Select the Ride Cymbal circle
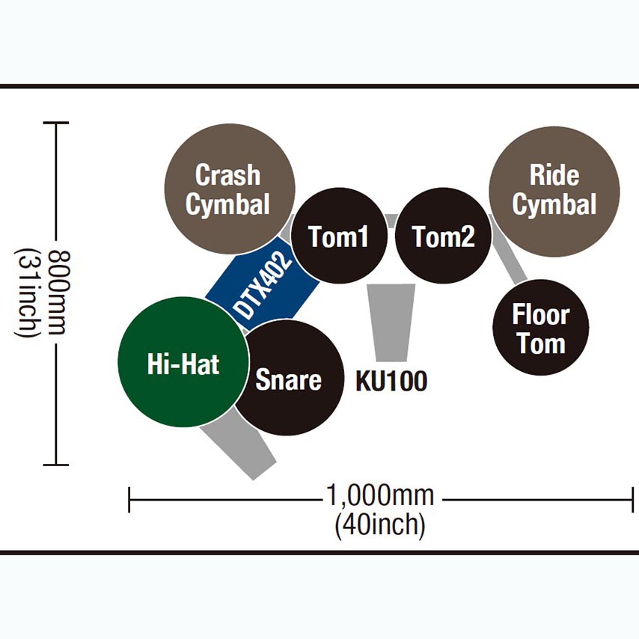pyautogui.click(x=554, y=191)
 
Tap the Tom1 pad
pyautogui.click(x=339, y=236)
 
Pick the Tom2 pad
pyautogui.click(x=443, y=236)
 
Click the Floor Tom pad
pyautogui.click(x=541, y=328)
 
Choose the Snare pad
pyautogui.click(x=288, y=379)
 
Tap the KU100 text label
pyautogui.click(x=391, y=381)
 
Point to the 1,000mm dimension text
pyautogui.click(x=380, y=495)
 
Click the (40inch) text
pyautogui.click(x=380, y=525)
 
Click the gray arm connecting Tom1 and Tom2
pyautogui.click(x=391, y=220)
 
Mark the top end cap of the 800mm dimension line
pyautogui.click(x=56, y=123)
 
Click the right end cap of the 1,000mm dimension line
pyautogui.click(x=633, y=499)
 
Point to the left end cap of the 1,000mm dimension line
pyautogui.click(x=130, y=499)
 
